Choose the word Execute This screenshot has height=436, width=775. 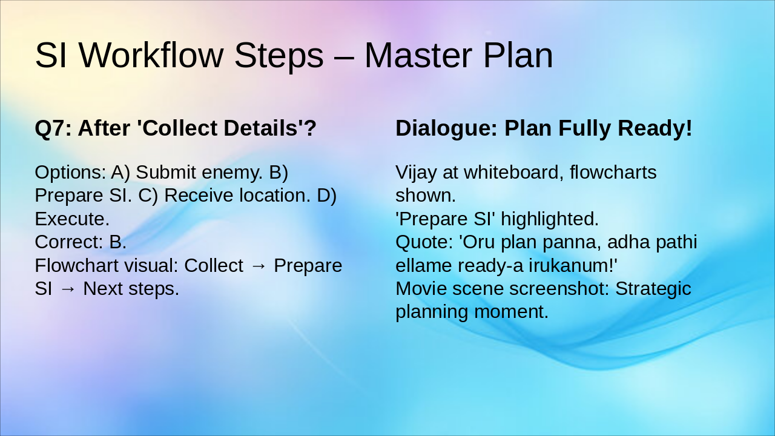pyautogui.click(x=71, y=219)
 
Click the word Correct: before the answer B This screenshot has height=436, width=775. pyautogui.click(x=69, y=242)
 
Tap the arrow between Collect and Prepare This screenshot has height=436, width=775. pyautogui.click(x=259, y=266)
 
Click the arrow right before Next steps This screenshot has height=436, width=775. pyautogui.click(x=68, y=289)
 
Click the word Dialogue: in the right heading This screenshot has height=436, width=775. pyautogui.click(x=446, y=128)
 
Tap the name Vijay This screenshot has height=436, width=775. pyautogui.click(x=417, y=173)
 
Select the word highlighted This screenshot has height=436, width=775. pyautogui.click(x=550, y=219)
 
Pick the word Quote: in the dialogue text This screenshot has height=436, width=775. pyautogui.click(x=424, y=242)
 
